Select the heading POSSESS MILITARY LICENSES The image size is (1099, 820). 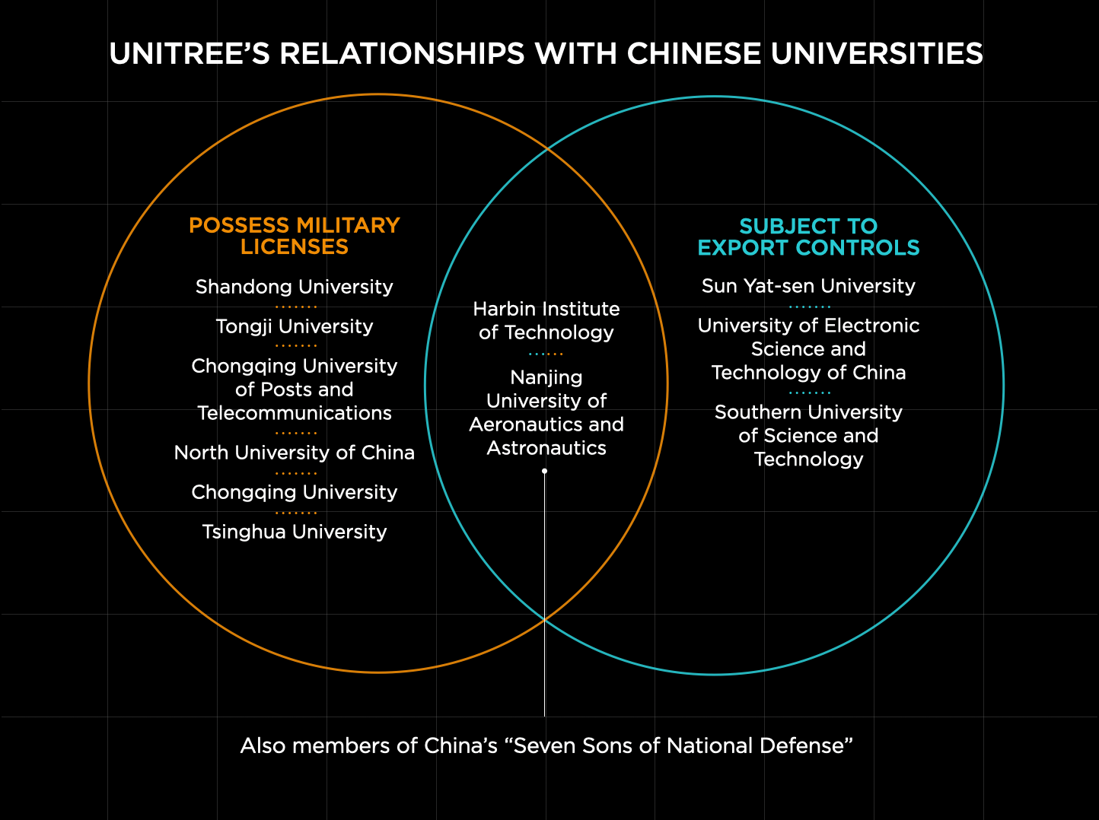coord(295,236)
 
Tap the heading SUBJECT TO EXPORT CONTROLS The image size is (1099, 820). coord(808,237)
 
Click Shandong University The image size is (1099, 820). coord(295,287)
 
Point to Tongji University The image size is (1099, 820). coord(295,326)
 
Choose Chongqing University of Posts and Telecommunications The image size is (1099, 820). coord(295,389)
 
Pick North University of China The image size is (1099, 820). coord(295,453)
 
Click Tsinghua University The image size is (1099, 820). coord(295,532)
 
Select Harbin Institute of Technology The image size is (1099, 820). coord(546,320)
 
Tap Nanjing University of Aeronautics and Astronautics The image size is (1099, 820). coord(546,412)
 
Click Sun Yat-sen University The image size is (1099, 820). coord(808,286)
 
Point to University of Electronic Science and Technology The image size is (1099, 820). coord(808,349)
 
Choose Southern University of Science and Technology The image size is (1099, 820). coord(808,436)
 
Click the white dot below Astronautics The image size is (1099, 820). coord(545,472)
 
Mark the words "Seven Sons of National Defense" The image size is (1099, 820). coord(679,745)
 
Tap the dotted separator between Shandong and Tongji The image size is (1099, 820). coord(295,307)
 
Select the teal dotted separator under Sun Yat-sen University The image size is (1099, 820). coord(809,307)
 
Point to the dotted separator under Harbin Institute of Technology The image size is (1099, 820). coord(546,354)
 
